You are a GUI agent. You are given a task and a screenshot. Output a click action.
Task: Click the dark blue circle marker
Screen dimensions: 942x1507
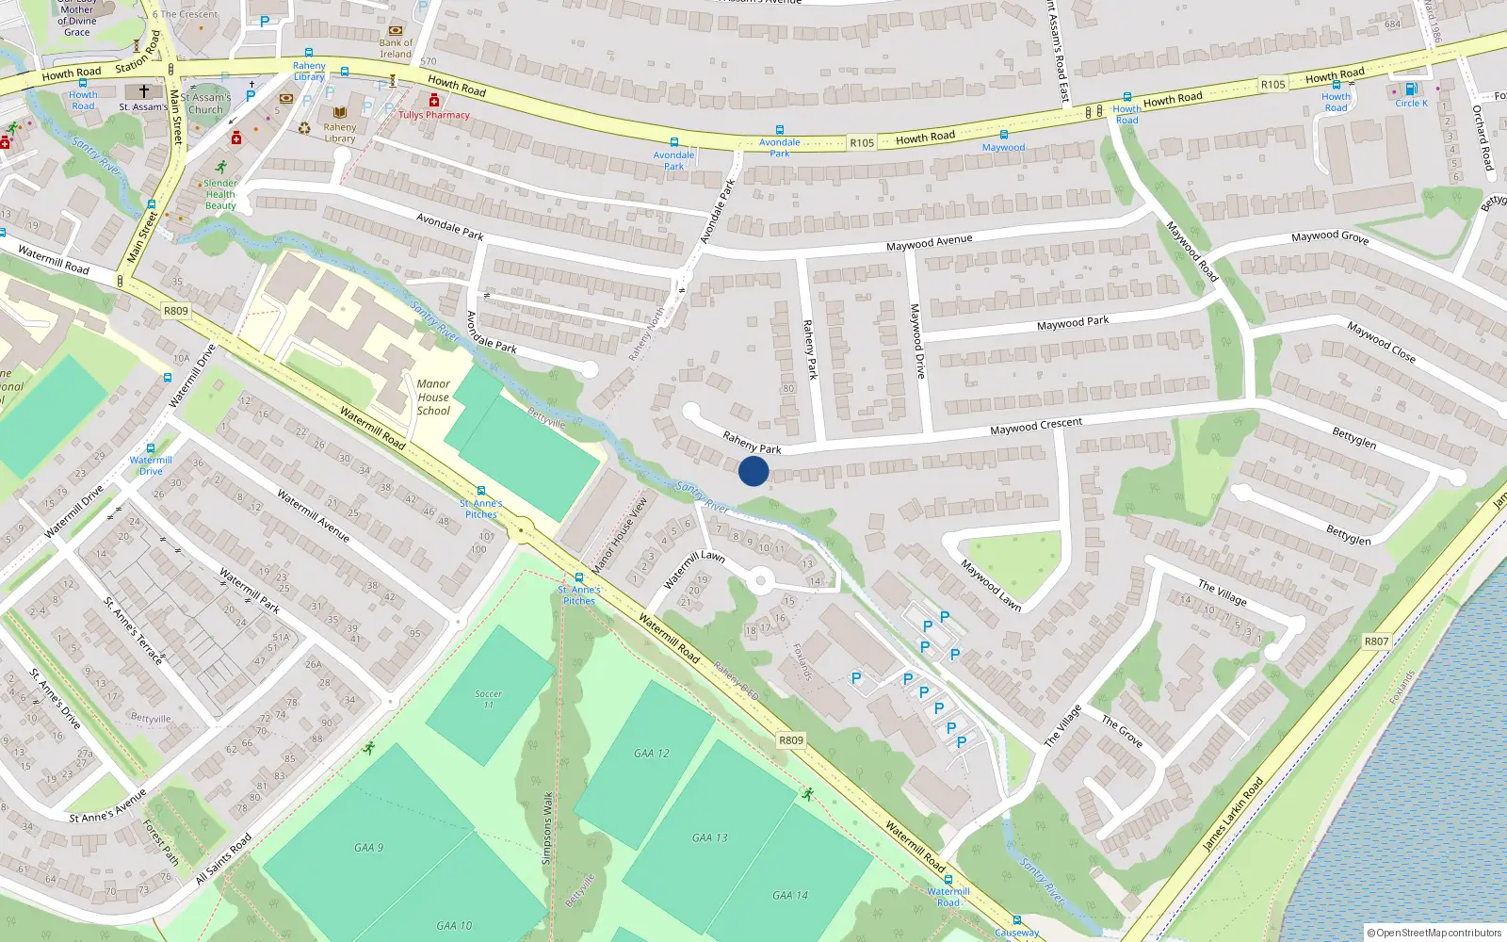(x=753, y=471)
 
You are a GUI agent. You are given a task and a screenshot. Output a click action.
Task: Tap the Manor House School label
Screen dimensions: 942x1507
(x=433, y=398)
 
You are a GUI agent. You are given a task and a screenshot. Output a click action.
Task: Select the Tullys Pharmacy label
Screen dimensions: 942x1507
(x=433, y=115)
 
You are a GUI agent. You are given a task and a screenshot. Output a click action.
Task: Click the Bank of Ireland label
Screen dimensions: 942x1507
(x=396, y=48)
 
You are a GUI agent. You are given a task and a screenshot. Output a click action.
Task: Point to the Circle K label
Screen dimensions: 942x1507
(x=1411, y=104)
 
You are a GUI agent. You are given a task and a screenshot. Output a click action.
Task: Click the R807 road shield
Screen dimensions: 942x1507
(x=1376, y=642)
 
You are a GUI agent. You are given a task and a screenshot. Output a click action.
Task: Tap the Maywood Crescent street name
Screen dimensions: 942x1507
(x=1036, y=427)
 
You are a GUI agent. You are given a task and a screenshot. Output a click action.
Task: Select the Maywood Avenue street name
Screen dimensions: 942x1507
(x=929, y=243)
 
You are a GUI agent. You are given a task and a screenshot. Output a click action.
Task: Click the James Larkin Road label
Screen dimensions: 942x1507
(x=1233, y=814)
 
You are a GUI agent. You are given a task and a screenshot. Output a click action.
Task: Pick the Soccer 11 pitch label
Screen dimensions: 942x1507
(x=488, y=699)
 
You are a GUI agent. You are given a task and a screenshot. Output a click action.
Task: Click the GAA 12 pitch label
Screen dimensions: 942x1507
(x=652, y=754)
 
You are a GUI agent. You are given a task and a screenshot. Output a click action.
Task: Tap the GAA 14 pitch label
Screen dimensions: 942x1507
(x=790, y=896)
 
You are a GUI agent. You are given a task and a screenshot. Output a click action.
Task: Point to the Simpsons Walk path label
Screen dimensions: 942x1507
(x=547, y=828)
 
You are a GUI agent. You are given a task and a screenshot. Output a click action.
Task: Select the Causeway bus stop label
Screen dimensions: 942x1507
(x=1017, y=933)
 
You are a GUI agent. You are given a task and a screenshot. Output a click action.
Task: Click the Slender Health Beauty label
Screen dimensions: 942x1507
(x=220, y=195)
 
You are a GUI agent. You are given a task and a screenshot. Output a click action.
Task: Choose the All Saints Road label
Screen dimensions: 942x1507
(x=223, y=859)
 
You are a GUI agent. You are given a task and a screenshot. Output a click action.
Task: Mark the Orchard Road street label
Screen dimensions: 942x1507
(x=1483, y=138)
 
